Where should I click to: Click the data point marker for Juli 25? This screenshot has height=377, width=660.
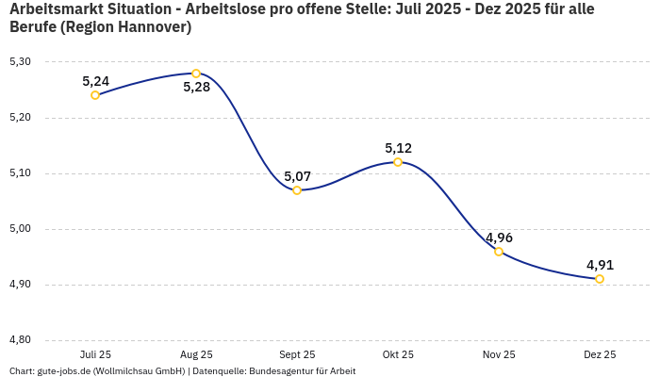pyautogui.click(x=95, y=95)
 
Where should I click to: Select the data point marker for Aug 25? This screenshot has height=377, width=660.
pyautogui.click(x=196, y=74)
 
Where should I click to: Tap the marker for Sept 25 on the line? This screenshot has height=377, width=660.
pyautogui.click(x=297, y=190)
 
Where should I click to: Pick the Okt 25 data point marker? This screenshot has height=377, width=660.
pyautogui.click(x=398, y=162)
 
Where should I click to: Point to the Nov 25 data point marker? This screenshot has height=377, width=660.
pyautogui.click(x=499, y=252)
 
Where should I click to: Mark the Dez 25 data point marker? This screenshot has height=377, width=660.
pyautogui.click(x=600, y=279)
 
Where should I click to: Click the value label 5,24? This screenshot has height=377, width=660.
pyautogui.click(x=95, y=81)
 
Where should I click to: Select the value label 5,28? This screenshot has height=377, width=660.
pyautogui.click(x=196, y=88)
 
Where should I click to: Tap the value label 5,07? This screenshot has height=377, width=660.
pyautogui.click(x=297, y=176)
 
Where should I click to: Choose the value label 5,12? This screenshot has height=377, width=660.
pyautogui.click(x=398, y=148)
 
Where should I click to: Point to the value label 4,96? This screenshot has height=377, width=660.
pyautogui.click(x=499, y=238)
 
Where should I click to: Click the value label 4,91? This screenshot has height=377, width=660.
pyautogui.click(x=600, y=265)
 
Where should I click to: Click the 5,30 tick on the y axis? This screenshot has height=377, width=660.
pyautogui.click(x=20, y=62)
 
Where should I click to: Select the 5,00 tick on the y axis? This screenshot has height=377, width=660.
pyautogui.click(x=20, y=229)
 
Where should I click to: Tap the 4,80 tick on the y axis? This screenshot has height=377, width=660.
pyautogui.click(x=20, y=340)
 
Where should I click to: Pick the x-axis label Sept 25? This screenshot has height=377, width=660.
pyautogui.click(x=297, y=354)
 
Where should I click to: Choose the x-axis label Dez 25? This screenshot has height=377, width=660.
pyautogui.click(x=600, y=354)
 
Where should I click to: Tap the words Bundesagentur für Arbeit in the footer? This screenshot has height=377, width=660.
pyautogui.click(x=302, y=371)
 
